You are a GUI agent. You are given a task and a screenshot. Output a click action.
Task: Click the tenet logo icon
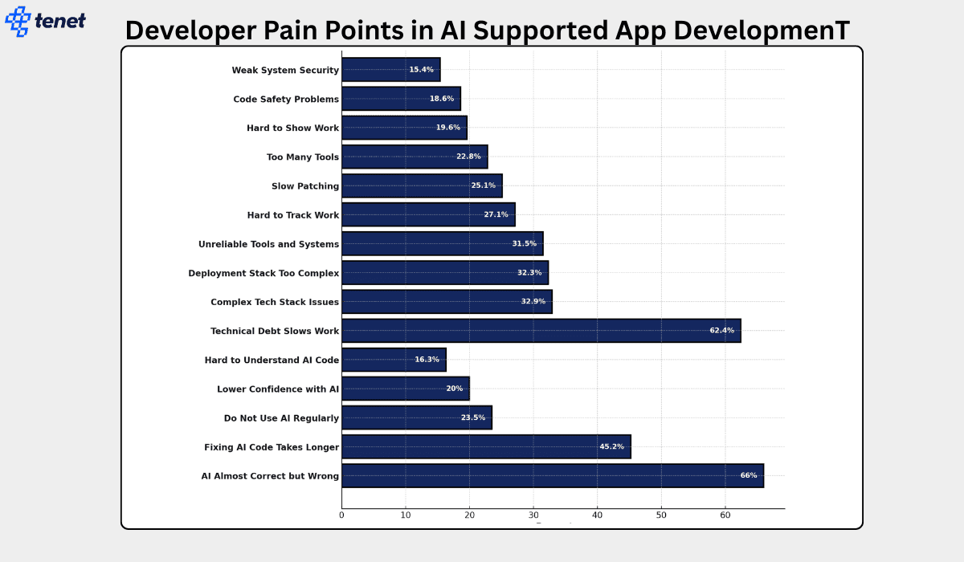tap(18, 21)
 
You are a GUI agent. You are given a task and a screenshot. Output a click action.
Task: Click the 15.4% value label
tap(421, 70)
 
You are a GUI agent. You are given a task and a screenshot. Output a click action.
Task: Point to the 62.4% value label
tap(721, 330)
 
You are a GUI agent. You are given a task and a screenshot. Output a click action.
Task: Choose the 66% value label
tap(748, 475)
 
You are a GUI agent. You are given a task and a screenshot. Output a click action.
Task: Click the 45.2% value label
tap(611, 446)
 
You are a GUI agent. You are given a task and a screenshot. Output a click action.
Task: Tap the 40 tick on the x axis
tap(597, 515)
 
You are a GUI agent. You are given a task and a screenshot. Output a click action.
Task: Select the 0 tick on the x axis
tap(341, 515)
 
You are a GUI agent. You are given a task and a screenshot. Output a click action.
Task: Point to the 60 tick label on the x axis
tap(725, 515)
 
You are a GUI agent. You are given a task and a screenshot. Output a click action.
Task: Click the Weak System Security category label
tap(285, 70)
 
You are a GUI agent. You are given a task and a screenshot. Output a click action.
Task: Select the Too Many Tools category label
tap(303, 157)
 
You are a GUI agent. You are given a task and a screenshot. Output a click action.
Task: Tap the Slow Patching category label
tap(305, 185)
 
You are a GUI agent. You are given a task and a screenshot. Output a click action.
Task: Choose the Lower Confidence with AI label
tap(278, 389)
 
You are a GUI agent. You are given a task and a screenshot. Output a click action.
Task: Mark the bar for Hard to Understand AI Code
tap(394, 360)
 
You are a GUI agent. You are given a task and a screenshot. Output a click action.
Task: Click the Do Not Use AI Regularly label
tap(281, 417)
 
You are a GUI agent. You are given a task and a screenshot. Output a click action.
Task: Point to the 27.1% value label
tap(496, 214)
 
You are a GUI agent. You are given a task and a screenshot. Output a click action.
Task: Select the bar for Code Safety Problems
tap(401, 99)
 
